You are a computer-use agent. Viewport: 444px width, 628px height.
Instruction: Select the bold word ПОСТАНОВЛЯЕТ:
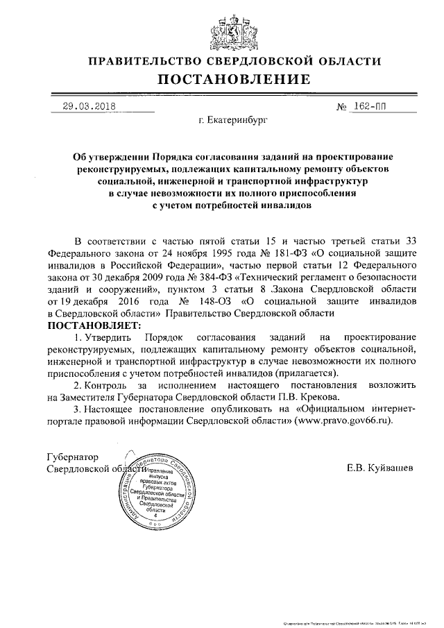click(93, 325)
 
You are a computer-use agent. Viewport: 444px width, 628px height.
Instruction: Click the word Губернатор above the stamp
click(71, 457)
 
